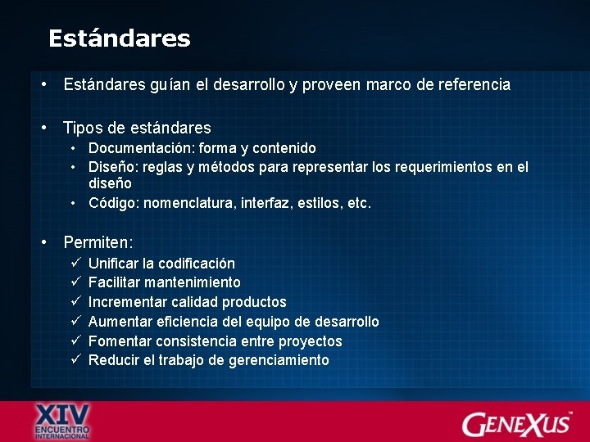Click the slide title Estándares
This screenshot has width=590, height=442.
click(x=119, y=38)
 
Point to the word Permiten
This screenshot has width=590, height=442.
click(x=97, y=242)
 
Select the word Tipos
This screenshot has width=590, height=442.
click(x=80, y=128)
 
